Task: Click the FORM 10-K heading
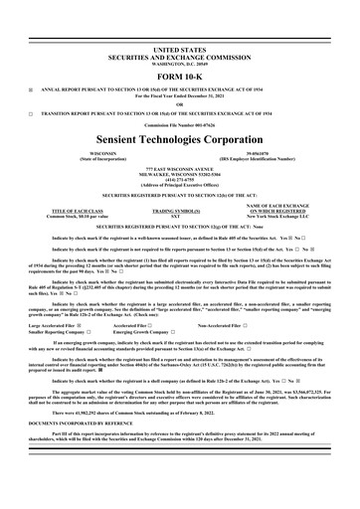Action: pyautogui.click(x=180, y=76)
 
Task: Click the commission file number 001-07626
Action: pyautogui.click(x=180, y=129)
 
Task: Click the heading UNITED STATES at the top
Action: pyautogui.click(x=180, y=48)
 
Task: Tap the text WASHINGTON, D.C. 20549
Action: pyautogui.click(x=180, y=62)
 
